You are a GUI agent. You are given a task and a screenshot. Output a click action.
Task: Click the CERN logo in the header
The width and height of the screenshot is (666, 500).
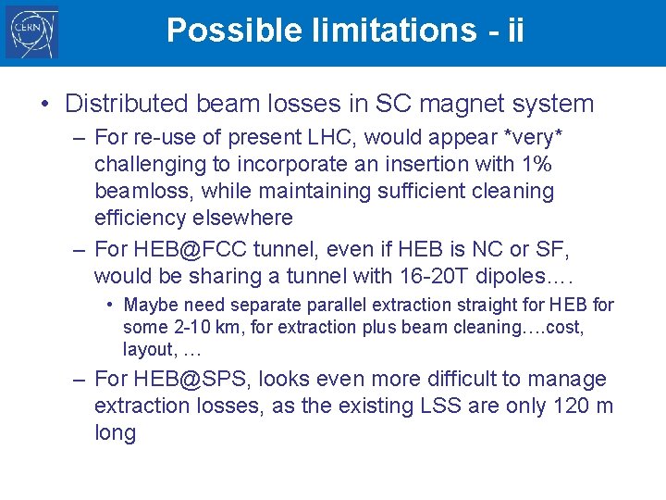[31, 32]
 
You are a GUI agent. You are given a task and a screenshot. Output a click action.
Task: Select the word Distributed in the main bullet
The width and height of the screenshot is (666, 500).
[121, 103]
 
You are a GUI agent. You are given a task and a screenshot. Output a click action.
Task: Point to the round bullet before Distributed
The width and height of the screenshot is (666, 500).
[45, 103]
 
